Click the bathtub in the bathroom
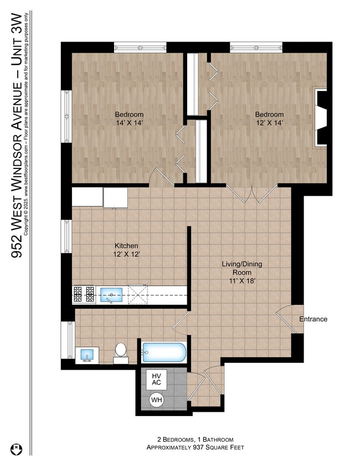pos(164,352)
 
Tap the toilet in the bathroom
pos(121,352)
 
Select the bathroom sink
pos(86,354)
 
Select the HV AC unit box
pos(156,380)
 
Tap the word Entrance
pos(313,319)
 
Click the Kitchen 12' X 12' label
pos(126,250)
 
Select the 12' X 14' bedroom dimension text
pos(269,124)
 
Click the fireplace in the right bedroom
pos(321,117)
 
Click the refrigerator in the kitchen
pos(115,197)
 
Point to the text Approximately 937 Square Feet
pos(194,447)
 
